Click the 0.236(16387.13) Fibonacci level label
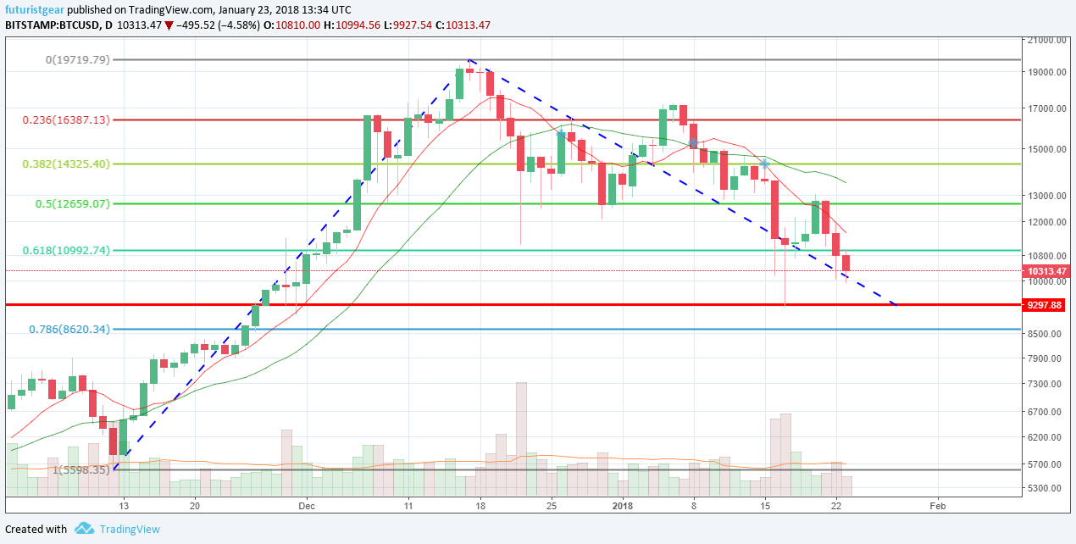coord(67,120)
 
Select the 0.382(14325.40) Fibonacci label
coord(67,164)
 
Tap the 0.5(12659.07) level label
coord(72,203)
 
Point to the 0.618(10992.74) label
coord(67,250)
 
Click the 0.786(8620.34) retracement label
coord(70,329)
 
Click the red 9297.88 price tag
coord(1045,304)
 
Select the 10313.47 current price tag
coord(1045,271)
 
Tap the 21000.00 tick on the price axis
coord(1045,40)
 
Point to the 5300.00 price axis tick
coord(1045,488)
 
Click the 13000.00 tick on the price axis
coord(1045,196)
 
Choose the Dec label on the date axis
coord(307,506)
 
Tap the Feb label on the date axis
coord(937,506)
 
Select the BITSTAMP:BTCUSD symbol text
coord(55,25)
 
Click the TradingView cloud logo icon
coord(84,529)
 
